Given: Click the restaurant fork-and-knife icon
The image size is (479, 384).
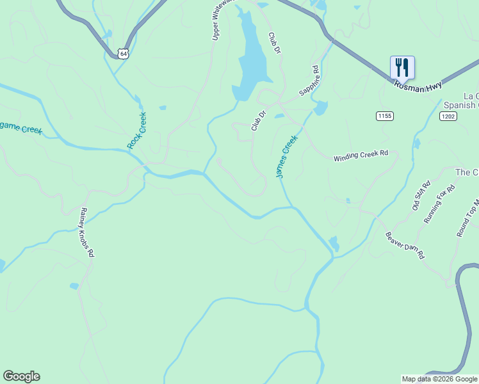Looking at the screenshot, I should tap(402, 67).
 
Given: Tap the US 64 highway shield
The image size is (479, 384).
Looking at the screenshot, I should tap(124, 54).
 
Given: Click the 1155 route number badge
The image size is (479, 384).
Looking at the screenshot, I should tap(384, 116).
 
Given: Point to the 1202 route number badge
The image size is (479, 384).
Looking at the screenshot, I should tap(448, 116).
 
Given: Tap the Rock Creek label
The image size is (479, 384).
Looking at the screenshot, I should tap(137, 131).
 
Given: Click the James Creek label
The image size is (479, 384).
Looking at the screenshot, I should tap(287, 156).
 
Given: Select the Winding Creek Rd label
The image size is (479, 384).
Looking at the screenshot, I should tap(361, 156).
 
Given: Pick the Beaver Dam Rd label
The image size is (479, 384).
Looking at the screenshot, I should tap(405, 244).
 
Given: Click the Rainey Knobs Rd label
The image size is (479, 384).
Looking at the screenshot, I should tap(87, 232).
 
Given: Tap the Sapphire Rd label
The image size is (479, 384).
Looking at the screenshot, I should tap(309, 81).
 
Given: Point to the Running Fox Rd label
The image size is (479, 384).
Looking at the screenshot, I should tap(439, 204).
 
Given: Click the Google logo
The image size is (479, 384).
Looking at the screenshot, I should tap(21, 376).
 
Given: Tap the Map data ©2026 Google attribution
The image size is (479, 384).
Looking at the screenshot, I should tap(439, 379).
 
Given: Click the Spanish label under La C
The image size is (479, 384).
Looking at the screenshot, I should tap(459, 105).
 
